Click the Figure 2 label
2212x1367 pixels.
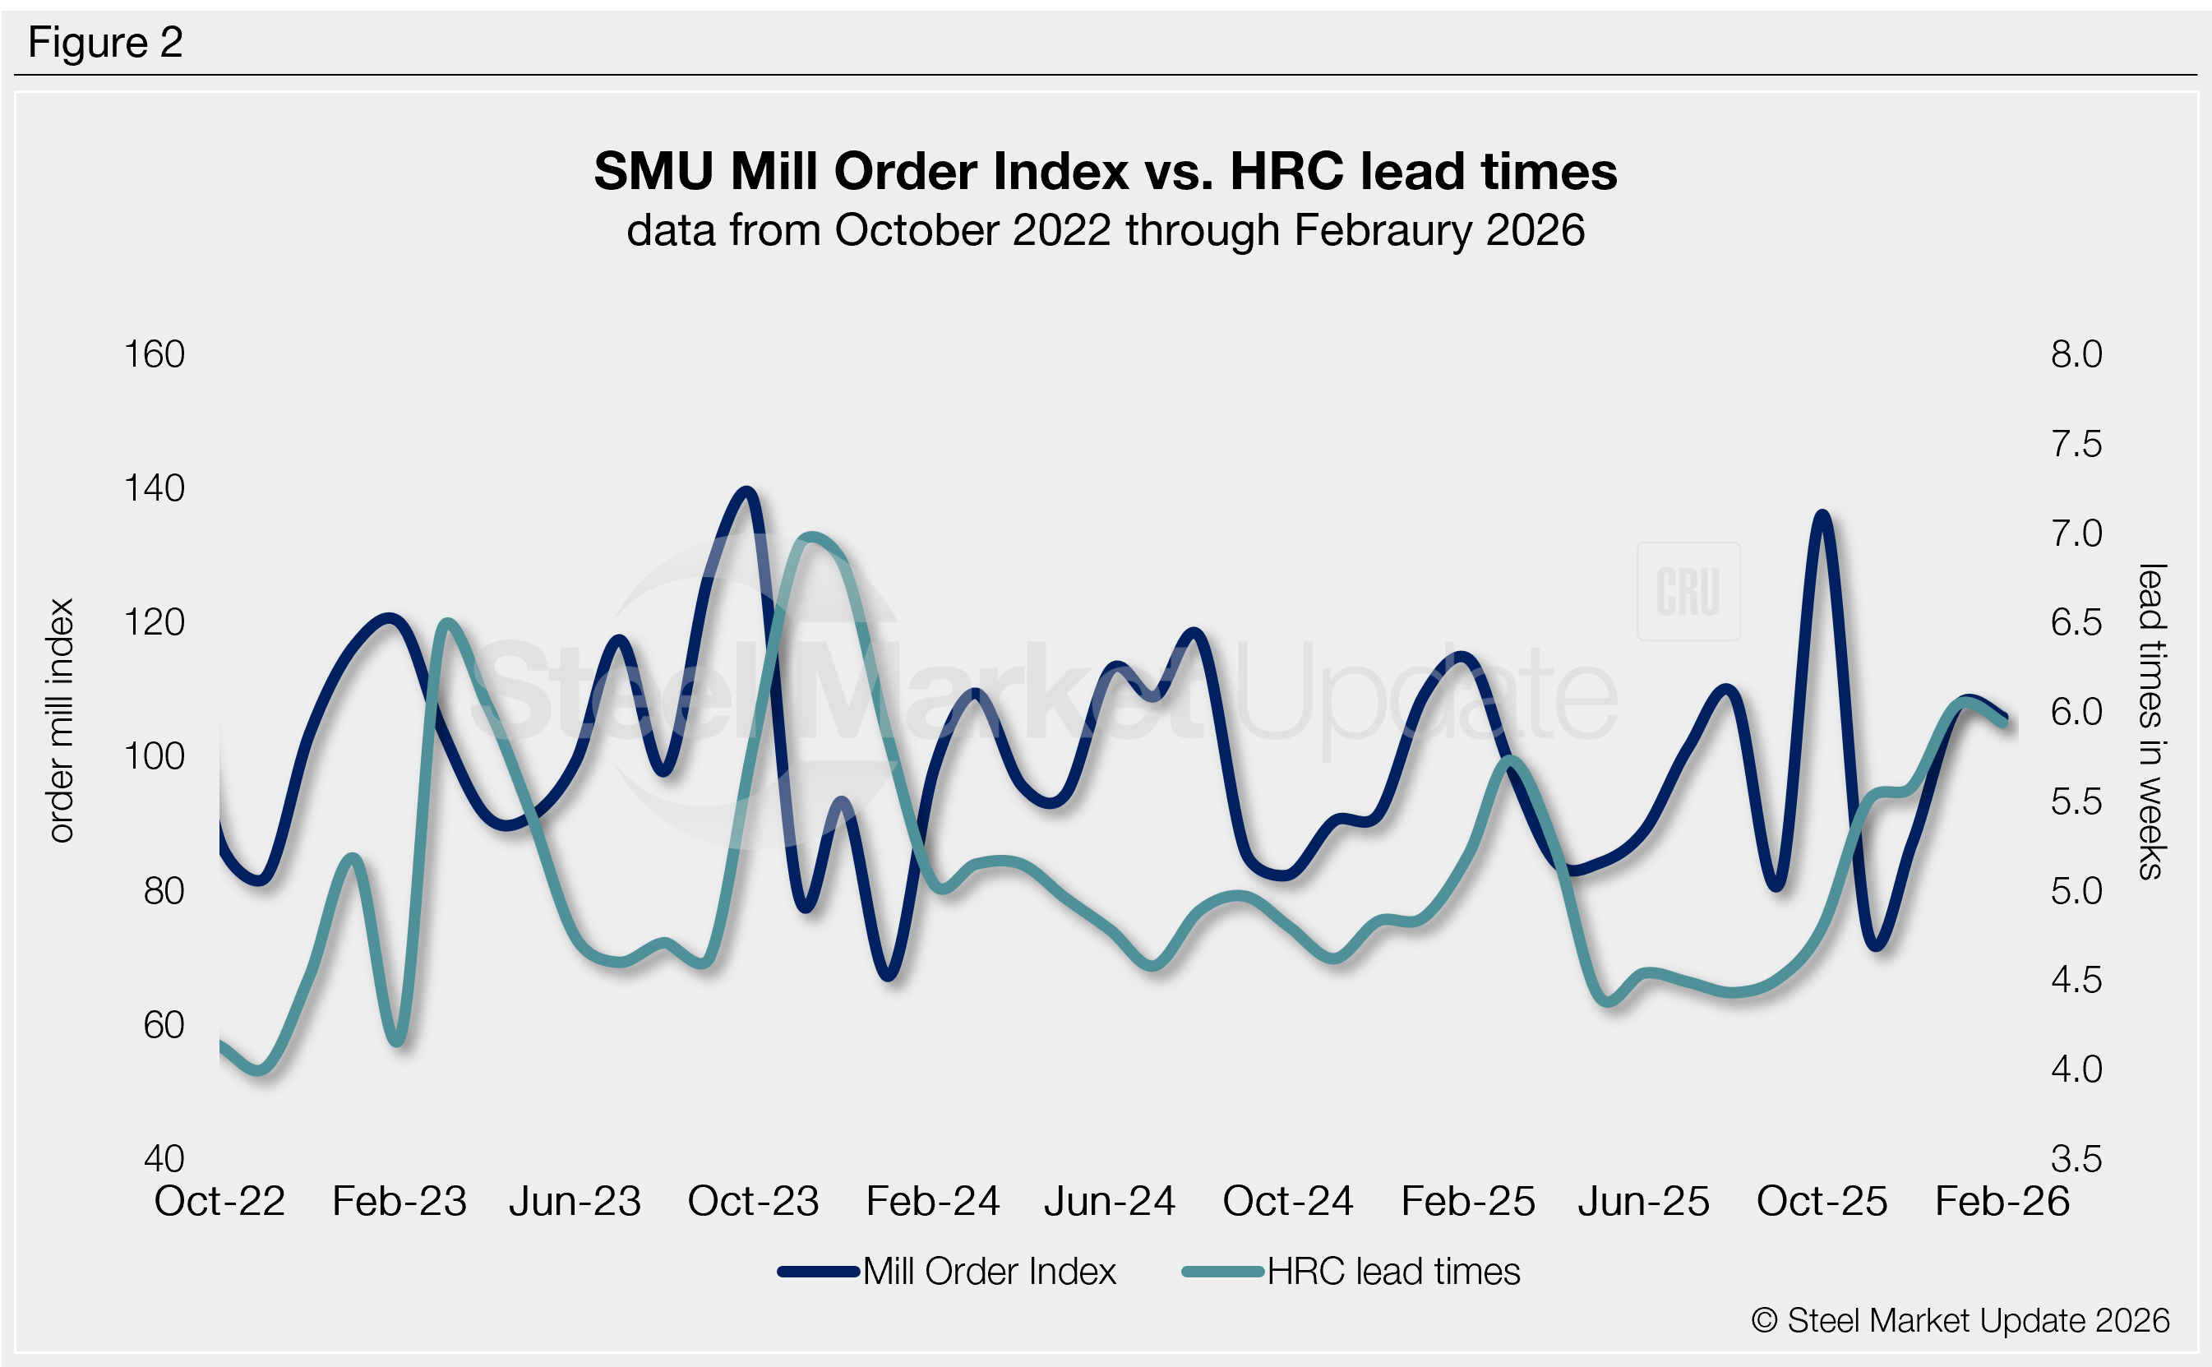tap(105, 43)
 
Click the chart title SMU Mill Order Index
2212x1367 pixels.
tap(1105, 171)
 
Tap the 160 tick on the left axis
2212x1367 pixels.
tap(154, 354)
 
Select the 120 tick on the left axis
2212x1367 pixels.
tap(154, 622)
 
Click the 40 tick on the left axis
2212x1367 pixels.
tap(164, 1158)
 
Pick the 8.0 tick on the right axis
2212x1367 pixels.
tap(2076, 354)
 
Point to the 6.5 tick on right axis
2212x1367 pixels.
tap(2076, 622)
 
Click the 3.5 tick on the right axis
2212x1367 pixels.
tap(2076, 1158)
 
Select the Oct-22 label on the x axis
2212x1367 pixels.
tap(219, 1202)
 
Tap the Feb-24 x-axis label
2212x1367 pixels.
tap(932, 1202)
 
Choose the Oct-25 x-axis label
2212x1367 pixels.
tap(1822, 1202)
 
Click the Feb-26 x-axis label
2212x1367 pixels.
tap(2002, 1202)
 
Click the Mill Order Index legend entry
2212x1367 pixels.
tap(989, 1271)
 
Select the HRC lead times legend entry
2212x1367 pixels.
tap(1393, 1271)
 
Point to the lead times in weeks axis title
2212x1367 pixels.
tap(2151, 721)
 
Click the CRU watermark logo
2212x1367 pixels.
tap(1688, 591)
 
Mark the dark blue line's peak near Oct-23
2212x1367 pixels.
tap(746, 492)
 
